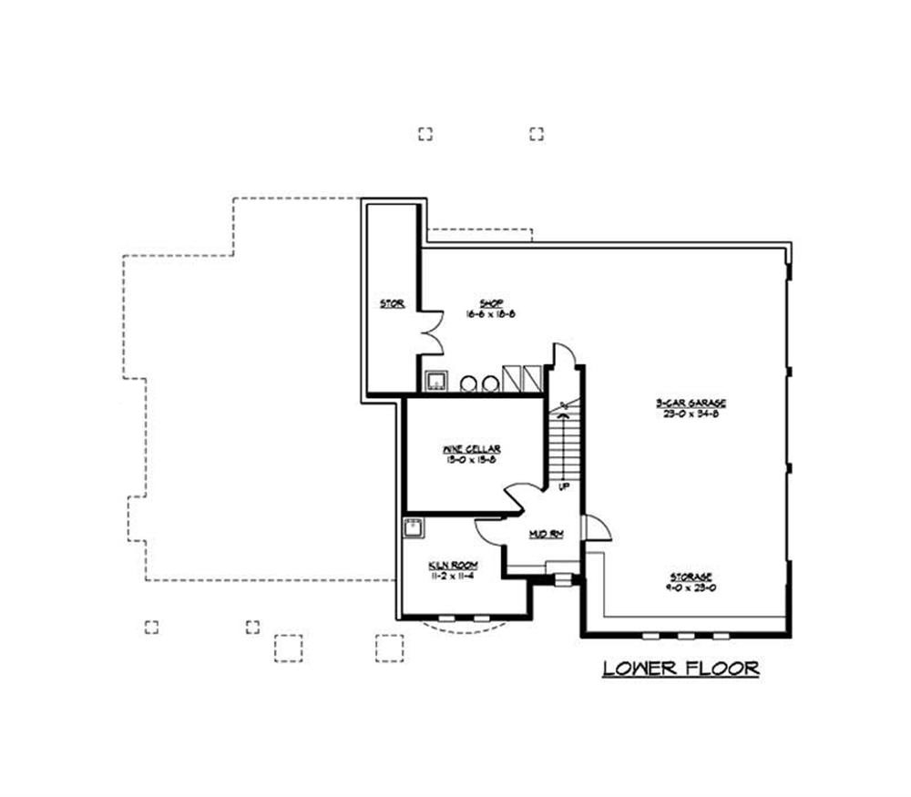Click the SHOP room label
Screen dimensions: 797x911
click(x=492, y=303)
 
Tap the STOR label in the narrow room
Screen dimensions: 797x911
click(x=393, y=303)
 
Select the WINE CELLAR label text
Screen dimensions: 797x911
click(x=471, y=449)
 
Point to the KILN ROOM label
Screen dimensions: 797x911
click(x=453, y=566)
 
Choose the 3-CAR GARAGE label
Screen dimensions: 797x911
click(x=691, y=403)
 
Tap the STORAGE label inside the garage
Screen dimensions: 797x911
click(x=691, y=577)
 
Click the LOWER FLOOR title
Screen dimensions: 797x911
click(x=681, y=669)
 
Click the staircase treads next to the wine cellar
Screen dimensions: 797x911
click(x=565, y=446)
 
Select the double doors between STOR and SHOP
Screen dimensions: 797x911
click(x=431, y=332)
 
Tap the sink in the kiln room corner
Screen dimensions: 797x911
click(x=414, y=527)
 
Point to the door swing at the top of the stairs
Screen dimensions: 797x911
click(x=564, y=355)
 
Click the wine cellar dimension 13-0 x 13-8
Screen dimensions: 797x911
click(x=471, y=460)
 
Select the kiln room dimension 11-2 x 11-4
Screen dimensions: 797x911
click(x=453, y=577)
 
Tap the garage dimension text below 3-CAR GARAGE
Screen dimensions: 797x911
click(x=691, y=414)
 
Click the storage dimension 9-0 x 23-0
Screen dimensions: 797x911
click(x=691, y=588)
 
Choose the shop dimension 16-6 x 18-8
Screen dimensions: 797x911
click(x=492, y=313)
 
